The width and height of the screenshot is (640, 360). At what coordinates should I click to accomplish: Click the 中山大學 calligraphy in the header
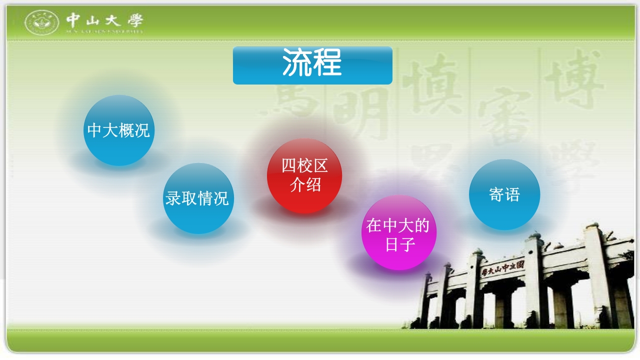pyautogui.click(x=104, y=20)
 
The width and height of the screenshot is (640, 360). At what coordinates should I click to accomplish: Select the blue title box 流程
pyautogui.click(x=312, y=65)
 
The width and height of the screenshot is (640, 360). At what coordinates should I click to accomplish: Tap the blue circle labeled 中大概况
pyautogui.click(x=118, y=130)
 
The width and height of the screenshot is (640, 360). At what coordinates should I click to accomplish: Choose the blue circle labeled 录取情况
pyautogui.click(x=197, y=198)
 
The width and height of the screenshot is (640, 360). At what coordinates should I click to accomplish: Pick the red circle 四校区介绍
pyautogui.click(x=304, y=175)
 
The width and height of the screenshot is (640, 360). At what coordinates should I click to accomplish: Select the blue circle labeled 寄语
pyautogui.click(x=504, y=194)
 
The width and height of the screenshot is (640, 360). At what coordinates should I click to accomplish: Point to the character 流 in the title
pyautogui.click(x=297, y=62)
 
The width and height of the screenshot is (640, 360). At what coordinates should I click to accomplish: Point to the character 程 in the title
pyautogui.click(x=327, y=62)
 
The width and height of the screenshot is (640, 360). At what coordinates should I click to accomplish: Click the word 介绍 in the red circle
pyautogui.click(x=305, y=185)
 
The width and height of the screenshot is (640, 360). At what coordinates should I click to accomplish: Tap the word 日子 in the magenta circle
pyautogui.click(x=398, y=244)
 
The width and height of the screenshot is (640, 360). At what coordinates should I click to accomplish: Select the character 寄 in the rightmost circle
pyautogui.click(x=496, y=194)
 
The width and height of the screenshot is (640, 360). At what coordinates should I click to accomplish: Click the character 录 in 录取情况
pyautogui.click(x=173, y=198)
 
